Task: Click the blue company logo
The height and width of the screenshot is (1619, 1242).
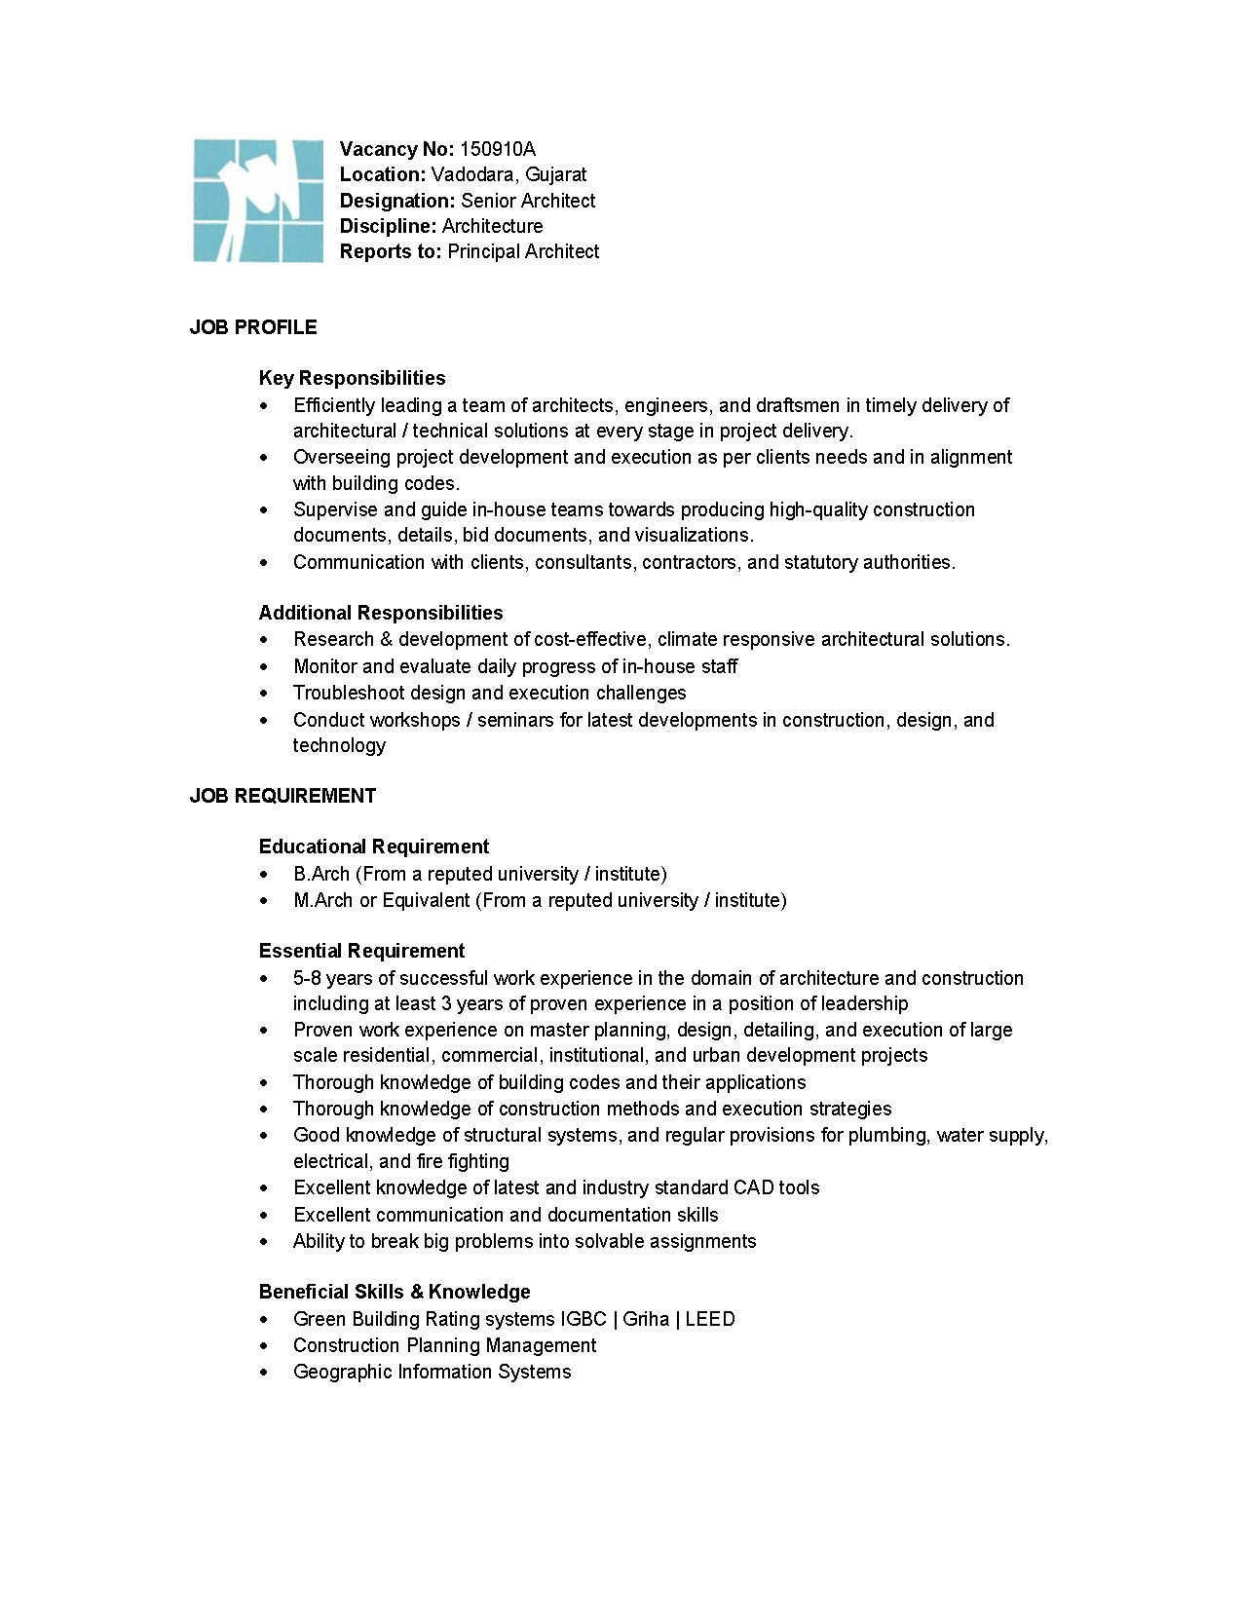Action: (257, 201)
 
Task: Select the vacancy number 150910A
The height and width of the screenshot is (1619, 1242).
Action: (497, 149)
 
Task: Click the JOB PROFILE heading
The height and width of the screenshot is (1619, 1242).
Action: (253, 327)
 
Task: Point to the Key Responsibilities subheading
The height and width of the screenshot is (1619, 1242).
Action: (352, 378)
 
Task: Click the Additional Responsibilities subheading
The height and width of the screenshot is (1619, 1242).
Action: (381, 613)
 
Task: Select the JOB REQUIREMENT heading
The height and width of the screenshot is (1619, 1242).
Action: (282, 796)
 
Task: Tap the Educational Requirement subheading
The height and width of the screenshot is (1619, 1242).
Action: (374, 847)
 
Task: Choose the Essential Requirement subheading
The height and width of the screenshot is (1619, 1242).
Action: (361, 951)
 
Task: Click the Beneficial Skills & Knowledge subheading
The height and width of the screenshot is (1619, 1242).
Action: (395, 1292)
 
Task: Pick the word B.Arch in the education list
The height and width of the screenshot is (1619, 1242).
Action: (321, 874)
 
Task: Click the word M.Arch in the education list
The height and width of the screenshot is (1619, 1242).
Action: (323, 900)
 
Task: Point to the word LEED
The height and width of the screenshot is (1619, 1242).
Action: (710, 1319)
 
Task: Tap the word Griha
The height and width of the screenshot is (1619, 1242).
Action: (646, 1319)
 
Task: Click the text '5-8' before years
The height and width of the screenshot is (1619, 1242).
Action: (307, 978)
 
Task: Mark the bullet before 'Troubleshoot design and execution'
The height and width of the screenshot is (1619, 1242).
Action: (264, 694)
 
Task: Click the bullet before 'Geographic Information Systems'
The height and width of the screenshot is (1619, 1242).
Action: (264, 1373)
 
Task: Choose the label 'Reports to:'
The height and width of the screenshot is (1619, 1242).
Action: (391, 251)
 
